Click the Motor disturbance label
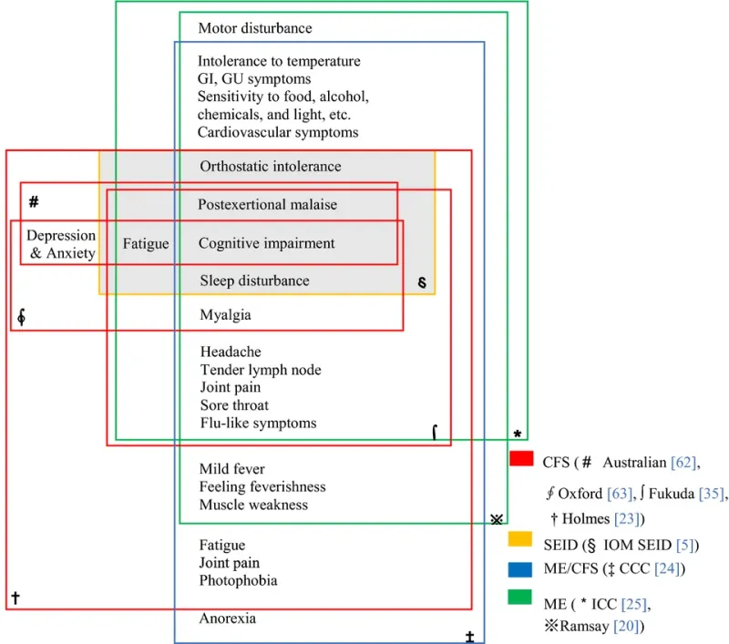(x=255, y=28)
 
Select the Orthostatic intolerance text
(x=271, y=167)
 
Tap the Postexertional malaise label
(x=267, y=205)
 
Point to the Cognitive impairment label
(x=266, y=243)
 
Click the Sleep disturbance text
(x=255, y=281)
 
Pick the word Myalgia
(x=225, y=315)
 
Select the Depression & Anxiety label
(x=61, y=244)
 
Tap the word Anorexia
(x=227, y=618)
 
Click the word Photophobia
(x=239, y=581)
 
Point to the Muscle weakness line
(x=254, y=505)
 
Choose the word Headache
(x=231, y=352)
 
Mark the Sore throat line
(x=234, y=405)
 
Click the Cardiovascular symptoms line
(x=278, y=132)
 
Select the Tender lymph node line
(x=261, y=370)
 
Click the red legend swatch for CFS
(x=521, y=458)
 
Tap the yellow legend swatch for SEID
(x=520, y=538)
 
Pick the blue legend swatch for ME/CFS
(x=520, y=569)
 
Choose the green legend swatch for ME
(x=519, y=597)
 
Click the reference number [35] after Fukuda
(x=712, y=494)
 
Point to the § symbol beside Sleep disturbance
(x=422, y=282)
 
